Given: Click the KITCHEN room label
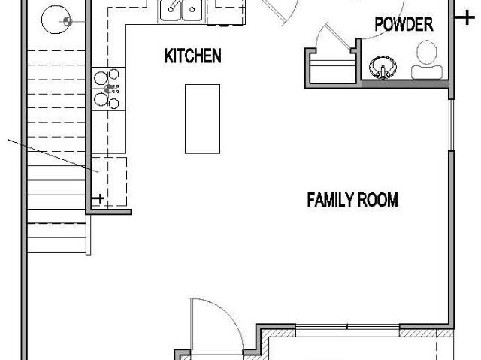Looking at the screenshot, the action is click(192, 56).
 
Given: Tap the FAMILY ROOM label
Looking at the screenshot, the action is click(352, 200).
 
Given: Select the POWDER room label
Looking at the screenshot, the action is click(404, 24).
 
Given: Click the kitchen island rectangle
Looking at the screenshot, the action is click(202, 119).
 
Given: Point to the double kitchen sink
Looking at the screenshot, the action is click(182, 11).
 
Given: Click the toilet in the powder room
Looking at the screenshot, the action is click(427, 60).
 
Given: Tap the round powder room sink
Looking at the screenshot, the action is click(383, 68).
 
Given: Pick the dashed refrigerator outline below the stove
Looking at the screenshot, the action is click(110, 182).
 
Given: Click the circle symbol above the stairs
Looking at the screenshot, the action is click(56, 20).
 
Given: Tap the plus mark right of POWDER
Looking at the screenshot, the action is click(465, 17).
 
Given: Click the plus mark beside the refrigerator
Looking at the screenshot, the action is click(98, 198).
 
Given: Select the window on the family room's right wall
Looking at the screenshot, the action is click(451, 125).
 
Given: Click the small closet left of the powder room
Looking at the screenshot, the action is click(332, 68).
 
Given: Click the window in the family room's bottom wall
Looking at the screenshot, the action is click(347, 327).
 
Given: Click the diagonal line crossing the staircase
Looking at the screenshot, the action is click(53, 156).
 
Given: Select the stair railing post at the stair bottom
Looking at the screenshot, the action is click(89, 234).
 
